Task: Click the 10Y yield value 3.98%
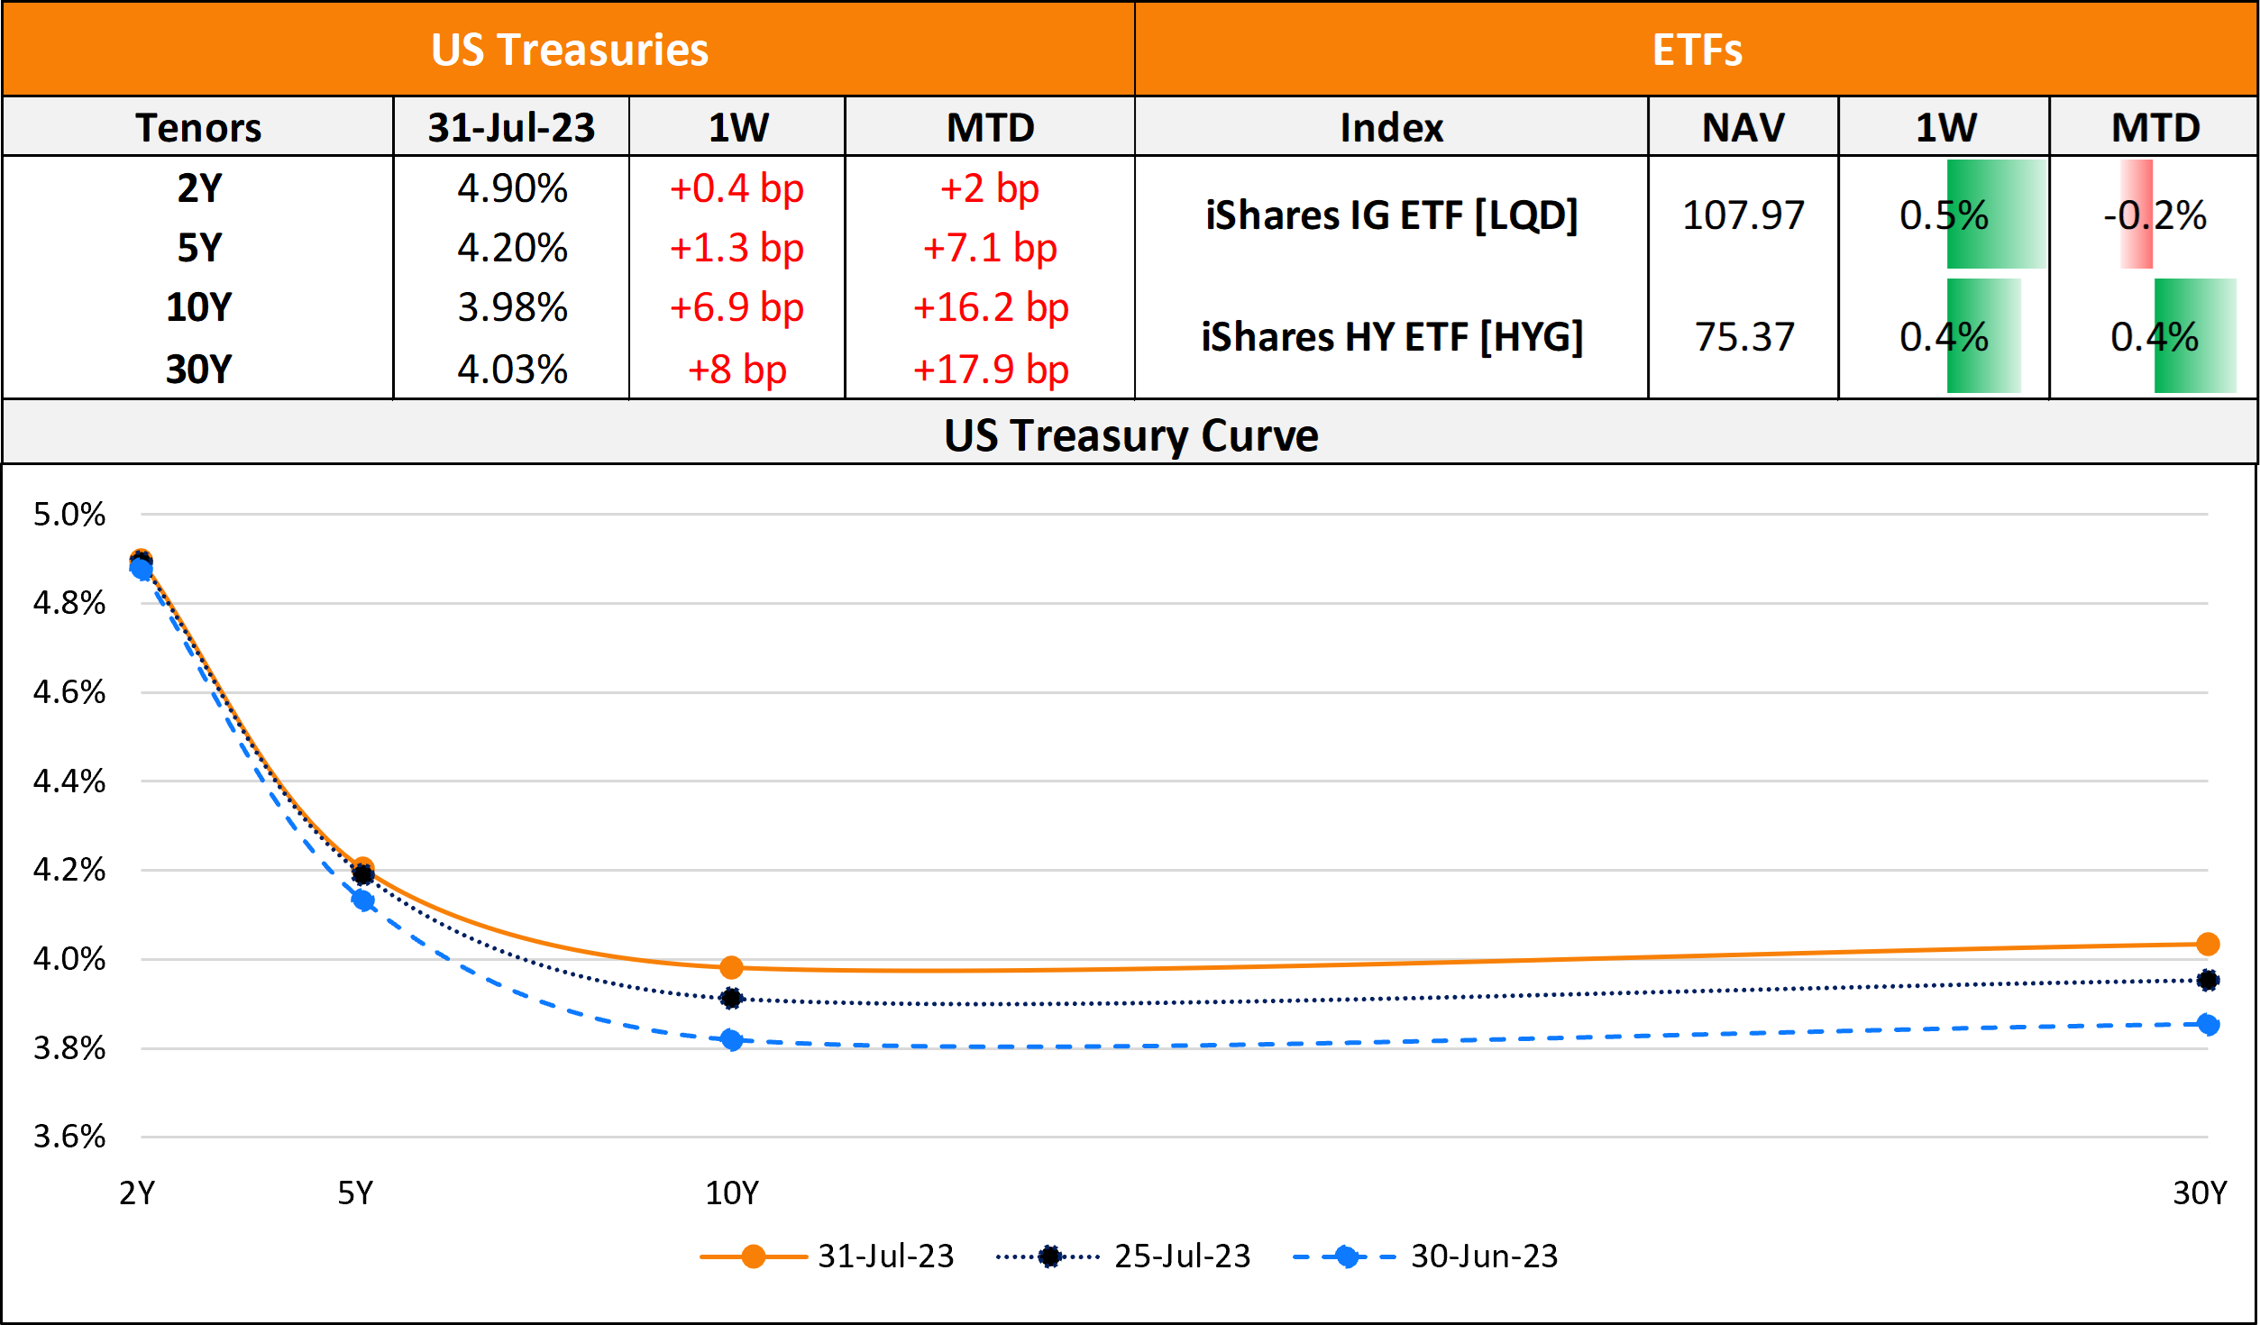point(512,308)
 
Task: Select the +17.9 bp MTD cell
point(990,370)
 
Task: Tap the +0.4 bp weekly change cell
point(737,189)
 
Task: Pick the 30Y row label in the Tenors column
point(198,370)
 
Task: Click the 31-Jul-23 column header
point(511,127)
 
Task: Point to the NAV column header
point(1743,127)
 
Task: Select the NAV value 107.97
point(1743,215)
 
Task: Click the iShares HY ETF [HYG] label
point(1391,337)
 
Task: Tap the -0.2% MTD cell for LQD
point(2155,215)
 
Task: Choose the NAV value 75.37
point(1744,337)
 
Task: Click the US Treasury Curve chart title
point(1130,435)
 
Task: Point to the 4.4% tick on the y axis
point(69,781)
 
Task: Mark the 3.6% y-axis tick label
point(69,1137)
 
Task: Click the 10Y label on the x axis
point(731,1193)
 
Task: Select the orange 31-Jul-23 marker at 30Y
point(2208,944)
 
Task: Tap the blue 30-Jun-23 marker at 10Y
point(731,1040)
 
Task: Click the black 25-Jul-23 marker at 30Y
point(2208,980)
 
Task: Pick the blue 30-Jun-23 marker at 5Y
point(363,900)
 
